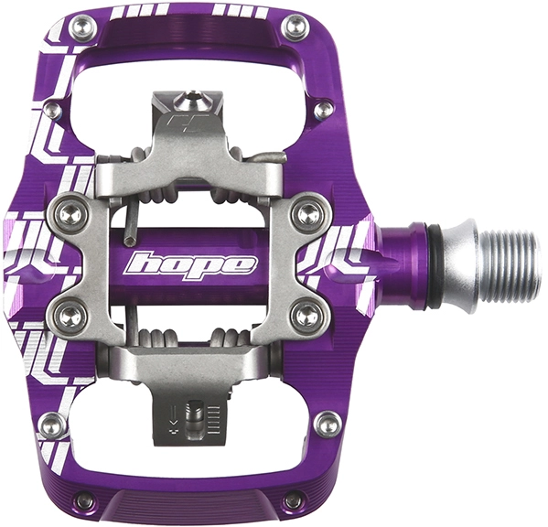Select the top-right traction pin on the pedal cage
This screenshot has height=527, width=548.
(295, 27)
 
